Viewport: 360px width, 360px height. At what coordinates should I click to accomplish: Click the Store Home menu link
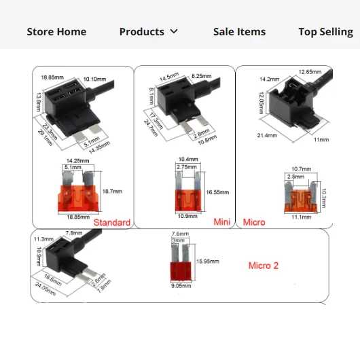(56, 32)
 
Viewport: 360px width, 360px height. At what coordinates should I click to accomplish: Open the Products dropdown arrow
(174, 31)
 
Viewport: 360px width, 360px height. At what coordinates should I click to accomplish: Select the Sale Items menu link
(239, 32)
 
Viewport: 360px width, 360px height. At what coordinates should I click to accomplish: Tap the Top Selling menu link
(326, 32)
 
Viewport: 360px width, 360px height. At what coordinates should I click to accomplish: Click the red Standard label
(112, 222)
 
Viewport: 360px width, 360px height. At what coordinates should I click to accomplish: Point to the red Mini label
(222, 222)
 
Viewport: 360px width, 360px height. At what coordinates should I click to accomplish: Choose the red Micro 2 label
(264, 266)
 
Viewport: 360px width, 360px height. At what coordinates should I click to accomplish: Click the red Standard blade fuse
(78, 192)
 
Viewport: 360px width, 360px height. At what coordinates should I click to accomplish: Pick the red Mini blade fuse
(188, 192)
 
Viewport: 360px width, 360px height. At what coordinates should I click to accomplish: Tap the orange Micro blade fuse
(301, 197)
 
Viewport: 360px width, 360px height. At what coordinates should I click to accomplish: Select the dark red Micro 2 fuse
(181, 263)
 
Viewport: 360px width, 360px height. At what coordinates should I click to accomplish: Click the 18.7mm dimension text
(112, 192)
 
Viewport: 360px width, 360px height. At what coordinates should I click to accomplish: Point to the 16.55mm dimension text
(217, 192)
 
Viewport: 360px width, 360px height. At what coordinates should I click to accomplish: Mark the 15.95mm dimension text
(208, 261)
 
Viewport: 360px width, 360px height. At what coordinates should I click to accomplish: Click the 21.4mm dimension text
(267, 135)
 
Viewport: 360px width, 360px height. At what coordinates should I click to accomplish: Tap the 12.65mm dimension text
(310, 72)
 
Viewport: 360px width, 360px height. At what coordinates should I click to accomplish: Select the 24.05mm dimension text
(46, 289)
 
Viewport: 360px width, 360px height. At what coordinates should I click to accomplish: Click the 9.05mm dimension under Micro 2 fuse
(181, 285)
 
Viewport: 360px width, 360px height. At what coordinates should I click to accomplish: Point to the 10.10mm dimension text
(94, 79)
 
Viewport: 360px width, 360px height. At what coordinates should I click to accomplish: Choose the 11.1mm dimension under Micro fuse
(301, 217)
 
